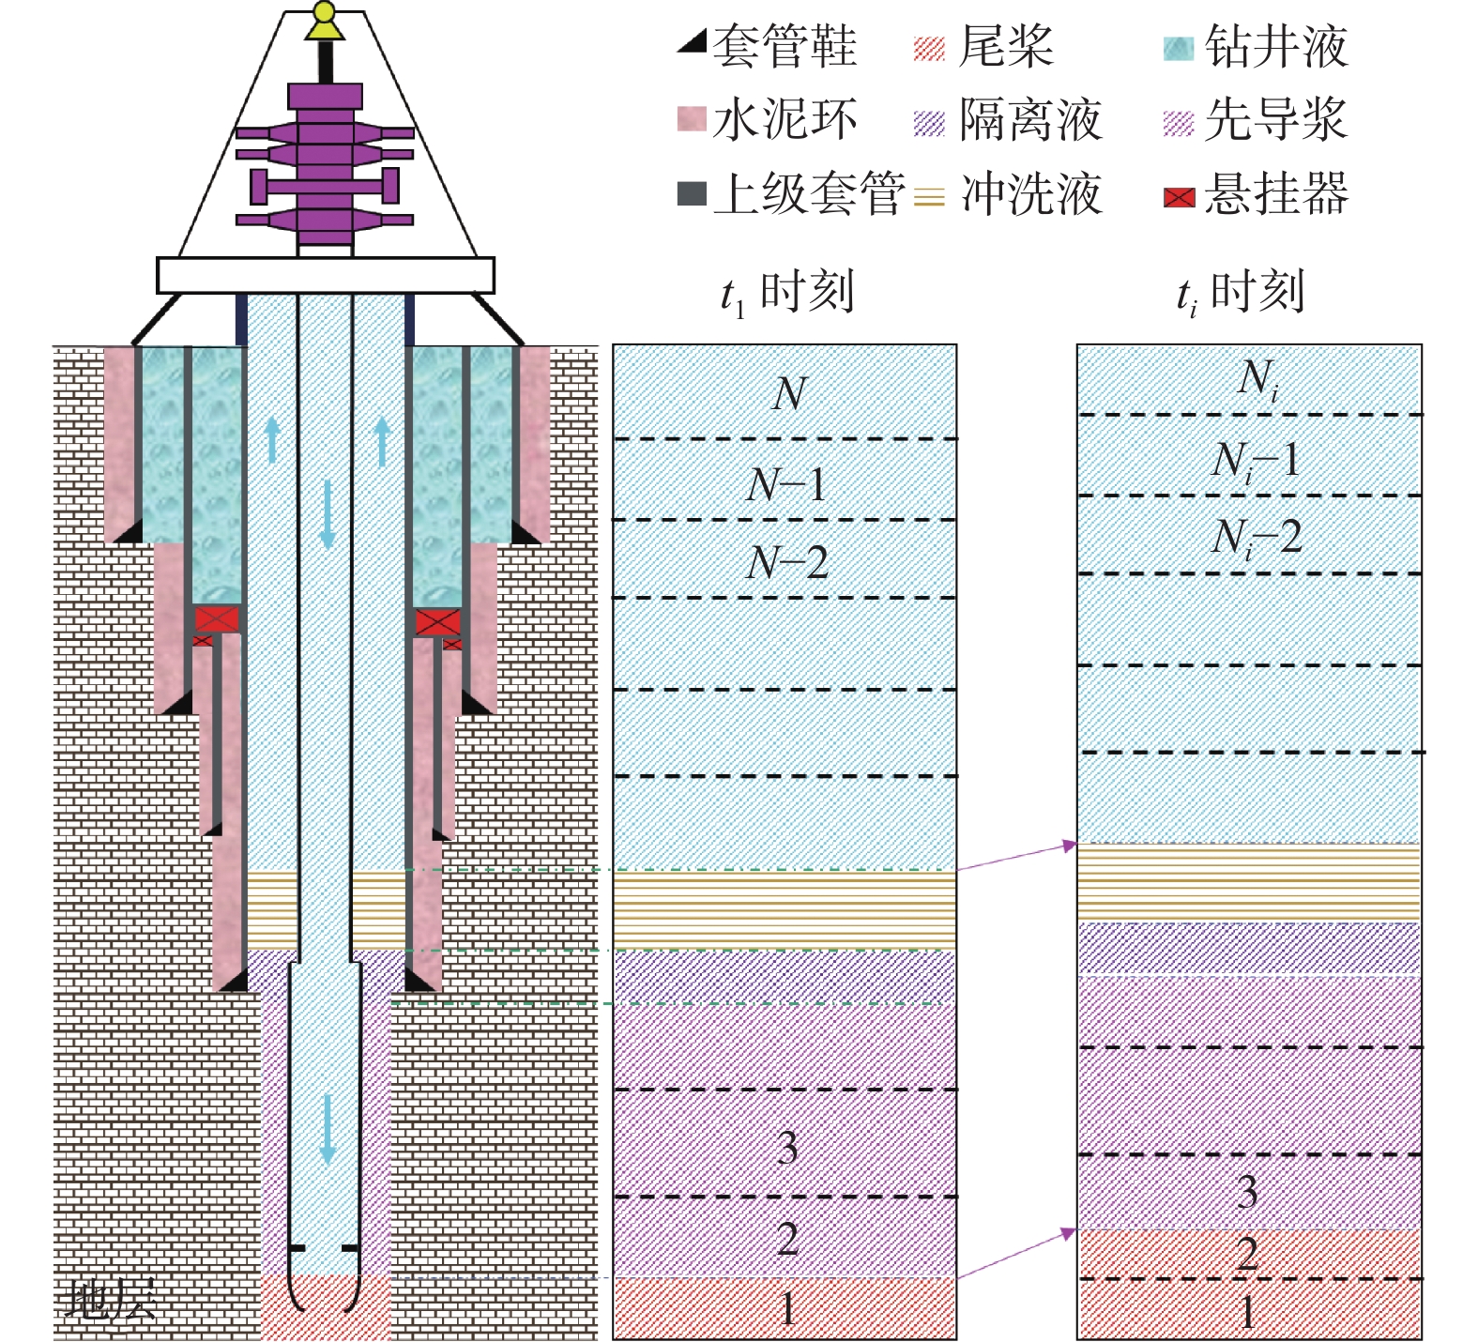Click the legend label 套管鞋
tap(785, 46)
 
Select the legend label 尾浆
tap(1006, 46)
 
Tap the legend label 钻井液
tap(1276, 46)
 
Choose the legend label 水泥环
tap(785, 120)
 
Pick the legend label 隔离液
tap(1030, 120)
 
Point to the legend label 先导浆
tap(1276, 120)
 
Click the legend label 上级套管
tap(809, 194)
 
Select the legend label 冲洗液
tap(1030, 194)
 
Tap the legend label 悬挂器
tap(1276, 194)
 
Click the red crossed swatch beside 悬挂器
tap(1179, 197)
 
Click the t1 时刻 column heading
tap(786, 293)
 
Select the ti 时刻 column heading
tap(1241, 293)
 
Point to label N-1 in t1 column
tap(786, 485)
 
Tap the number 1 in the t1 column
tap(786, 1308)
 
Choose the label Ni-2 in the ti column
tap(1256, 538)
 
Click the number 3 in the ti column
tap(1247, 1191)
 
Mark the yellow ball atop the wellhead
tap(325, 13)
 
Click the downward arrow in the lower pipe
tap(328, 1129)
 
